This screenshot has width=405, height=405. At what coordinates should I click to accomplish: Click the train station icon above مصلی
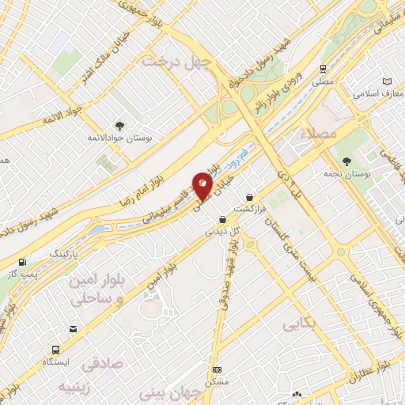coord(324,69)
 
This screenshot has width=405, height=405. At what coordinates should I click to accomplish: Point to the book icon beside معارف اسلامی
coord(387,82)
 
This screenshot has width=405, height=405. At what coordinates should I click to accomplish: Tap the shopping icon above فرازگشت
coord(250,196)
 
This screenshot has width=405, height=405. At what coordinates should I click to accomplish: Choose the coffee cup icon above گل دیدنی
coord(222,220)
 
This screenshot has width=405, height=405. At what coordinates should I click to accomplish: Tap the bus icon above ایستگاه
coord(56,348)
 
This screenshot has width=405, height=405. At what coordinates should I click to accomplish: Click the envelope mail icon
coord(73,329)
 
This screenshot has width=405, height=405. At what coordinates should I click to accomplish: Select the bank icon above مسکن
coord(218,369)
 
